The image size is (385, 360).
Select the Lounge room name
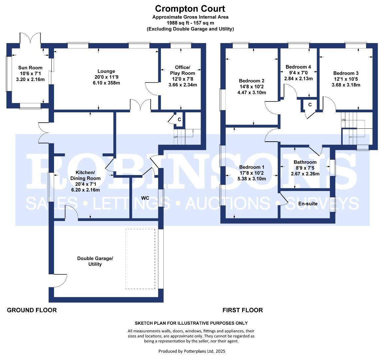tap(106, 71)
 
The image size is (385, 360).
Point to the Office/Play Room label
tap(182, 70)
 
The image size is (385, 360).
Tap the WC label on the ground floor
tap(145, 198)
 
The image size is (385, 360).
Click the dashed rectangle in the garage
tap(140, 259)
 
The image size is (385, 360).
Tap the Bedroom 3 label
tap(346, 73)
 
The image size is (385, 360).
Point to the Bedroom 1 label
tap(252, 167)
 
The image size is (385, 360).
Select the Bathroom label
tap(305, 162)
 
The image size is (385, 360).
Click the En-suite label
tap(307, 203)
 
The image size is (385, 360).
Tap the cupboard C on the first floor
tap(310, 105)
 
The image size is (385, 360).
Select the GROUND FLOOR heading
tap(32, 310)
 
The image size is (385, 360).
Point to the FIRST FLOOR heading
tap(242, 310)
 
